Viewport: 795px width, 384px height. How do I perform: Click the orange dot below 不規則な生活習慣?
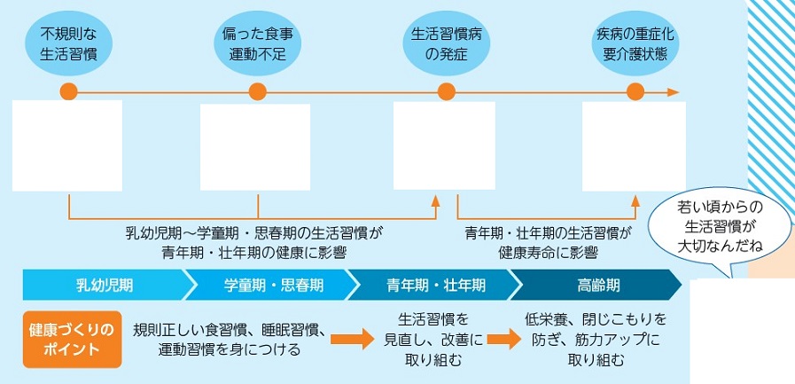pyautogui.click(x=69, y=91)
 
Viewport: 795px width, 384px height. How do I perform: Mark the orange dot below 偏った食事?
pyautogui.click(x=258, y=91)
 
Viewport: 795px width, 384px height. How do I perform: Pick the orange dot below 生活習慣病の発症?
pyautogui.click(x=446, y=91)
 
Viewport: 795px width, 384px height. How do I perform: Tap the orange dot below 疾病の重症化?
pyautogui.click(x=635, y=91)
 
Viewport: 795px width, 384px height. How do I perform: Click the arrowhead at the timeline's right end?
pyautogui.click(x=674, y=91)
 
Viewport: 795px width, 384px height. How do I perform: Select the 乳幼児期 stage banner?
pyautogui.click(x=105, y=286)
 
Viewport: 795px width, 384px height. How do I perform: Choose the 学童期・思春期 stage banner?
pyautogui.click(x=269, y=286)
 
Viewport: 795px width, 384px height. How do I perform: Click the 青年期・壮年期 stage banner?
pyautogui.click(x=433, y=286)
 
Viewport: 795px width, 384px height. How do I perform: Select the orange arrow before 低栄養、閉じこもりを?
pyautogui.click(x=502, y=338)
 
